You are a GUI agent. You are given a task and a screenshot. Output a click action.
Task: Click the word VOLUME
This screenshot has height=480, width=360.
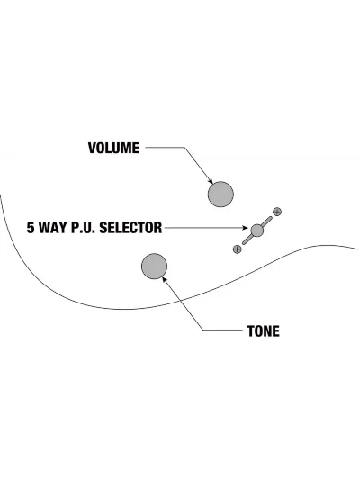pyautogui.click(x=113, y=148)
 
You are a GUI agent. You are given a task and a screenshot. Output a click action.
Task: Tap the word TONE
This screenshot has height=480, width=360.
pyautogui.click(x=263, y=331)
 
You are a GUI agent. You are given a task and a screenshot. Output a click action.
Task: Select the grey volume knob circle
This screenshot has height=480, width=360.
pyautogui.click(x=220, y=195)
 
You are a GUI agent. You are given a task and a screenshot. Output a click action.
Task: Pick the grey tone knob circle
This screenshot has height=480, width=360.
pyautogui.click(x=154, y=266)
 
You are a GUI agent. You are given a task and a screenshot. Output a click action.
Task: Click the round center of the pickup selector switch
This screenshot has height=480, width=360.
pyautogui.click(x=256, y=231)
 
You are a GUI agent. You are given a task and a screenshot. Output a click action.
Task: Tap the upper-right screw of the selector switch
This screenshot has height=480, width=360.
pyautogui.click(x=277, y=212)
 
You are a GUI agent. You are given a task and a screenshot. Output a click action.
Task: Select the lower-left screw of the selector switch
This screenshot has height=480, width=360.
pyautogui.click(x=237, y=249)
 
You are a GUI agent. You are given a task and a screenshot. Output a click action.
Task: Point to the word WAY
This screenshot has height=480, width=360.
pyautogui.click(x=52, y=228)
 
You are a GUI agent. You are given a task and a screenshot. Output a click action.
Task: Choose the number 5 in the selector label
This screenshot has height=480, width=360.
pyautogui.click(x=31, y=228)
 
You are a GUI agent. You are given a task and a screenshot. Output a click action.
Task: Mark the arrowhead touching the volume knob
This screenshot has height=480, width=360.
pyautogui.click(x=210, y=181)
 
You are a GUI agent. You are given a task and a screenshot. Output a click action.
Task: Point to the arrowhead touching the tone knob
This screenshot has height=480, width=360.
pyautogui.click(x=165, y=279)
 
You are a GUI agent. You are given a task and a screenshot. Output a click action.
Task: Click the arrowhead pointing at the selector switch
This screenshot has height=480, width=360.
pyautogui.click(x=245, y=228)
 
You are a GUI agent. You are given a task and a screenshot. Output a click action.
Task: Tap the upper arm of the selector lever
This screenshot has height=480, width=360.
pyautogui.click(x=266, y=222)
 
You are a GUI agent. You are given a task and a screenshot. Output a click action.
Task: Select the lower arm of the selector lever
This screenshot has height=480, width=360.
pyautogui.click(x=247, y=240)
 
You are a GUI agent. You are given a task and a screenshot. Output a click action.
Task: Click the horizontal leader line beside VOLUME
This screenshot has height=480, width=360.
pyautogui.click(x=165, y=148)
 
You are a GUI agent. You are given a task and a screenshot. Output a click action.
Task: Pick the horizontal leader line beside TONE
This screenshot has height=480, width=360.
pyautogui.click(x=222, y=330)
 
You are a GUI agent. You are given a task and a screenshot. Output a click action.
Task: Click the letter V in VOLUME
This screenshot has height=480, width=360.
pyautogui.click(x=92, y=148)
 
